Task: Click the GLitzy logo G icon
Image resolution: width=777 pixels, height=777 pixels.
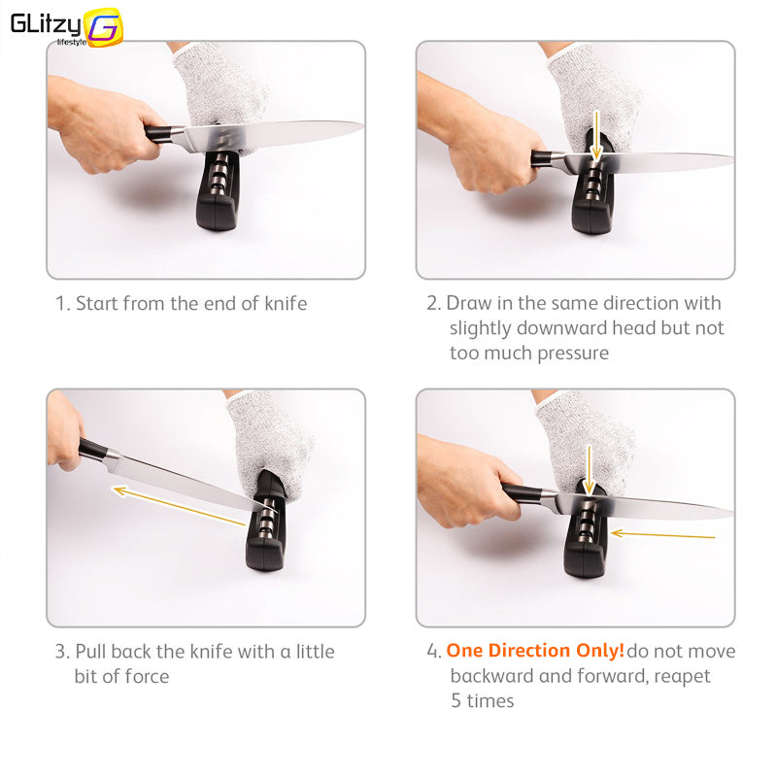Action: pyautogui.click(x=103, y=27)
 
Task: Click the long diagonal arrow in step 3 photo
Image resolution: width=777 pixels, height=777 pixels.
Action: pyautogui.click(x=179, y=506)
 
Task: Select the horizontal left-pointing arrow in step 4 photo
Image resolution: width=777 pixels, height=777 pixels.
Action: pyautogui.click(x=662, y=534)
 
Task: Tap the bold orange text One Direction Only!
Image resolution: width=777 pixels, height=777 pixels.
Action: pyautogui.click(x=535, y=651)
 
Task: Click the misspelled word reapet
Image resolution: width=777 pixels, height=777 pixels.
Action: pyautogui.click(x=681, y=676)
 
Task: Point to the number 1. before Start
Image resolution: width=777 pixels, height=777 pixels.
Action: pyautogui.click(x=62, y=304)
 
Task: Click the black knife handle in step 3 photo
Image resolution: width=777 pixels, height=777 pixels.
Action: pyautogui.click(x=93, y=450)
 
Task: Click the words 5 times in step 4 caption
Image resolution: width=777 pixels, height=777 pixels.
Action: pyautogui.click(x=482, y=700)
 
